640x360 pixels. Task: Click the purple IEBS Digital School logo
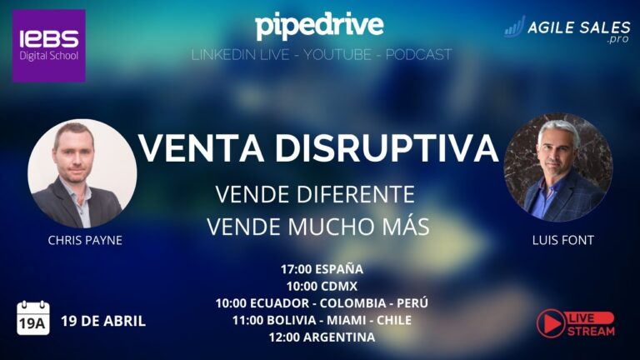point(48,46)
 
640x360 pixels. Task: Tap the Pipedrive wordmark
point(319,26)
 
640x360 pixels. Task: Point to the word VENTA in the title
point(203,148)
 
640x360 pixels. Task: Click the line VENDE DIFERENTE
point(315,194)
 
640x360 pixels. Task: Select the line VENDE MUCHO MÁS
point(317,226)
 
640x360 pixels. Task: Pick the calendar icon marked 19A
point(33,318)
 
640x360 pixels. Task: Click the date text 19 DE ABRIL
point(103,321)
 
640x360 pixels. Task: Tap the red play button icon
point(550,322)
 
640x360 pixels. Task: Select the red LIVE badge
point(590,317)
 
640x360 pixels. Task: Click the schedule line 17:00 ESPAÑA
point(321,269)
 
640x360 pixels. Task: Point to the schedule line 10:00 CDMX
point(321,286)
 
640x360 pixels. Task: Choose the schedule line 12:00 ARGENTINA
point(321,337)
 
